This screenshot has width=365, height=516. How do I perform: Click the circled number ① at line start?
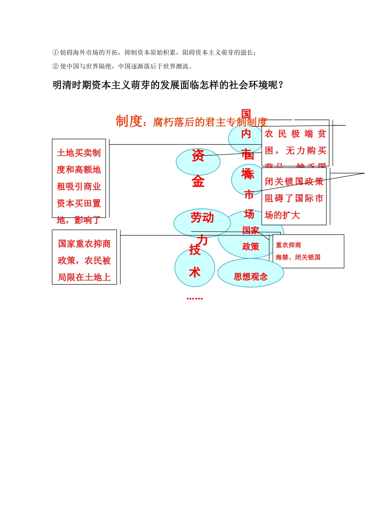pyautogui.click(x=55, y=53)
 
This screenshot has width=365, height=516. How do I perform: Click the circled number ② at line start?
pyautogui.click(x=55, y=66)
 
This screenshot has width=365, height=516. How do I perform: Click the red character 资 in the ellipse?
pyautogui.click(x=198, y=155)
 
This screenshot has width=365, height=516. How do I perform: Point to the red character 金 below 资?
pyautogui.click(x=198, y=181)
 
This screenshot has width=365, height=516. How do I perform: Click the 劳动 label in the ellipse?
pyautogui.click(x=202, y=218)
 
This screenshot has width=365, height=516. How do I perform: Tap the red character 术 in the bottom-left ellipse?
pyautogui.click(x=195, y=272)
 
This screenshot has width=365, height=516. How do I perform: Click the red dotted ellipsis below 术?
pyautogui.click(x=194, y=298)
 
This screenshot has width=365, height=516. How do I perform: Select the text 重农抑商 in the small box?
pyautogui.click(x=288, y=245)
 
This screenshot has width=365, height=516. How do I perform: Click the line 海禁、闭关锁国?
pyautogui.click(x=298, y=257)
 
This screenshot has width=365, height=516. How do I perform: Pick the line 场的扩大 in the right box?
pyautogui.click(x=282, y=215)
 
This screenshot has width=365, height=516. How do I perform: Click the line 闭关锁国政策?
pyautogui.click(x=294, y=181)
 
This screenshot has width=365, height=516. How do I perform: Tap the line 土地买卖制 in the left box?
pyautogui.click(x=79, y=153)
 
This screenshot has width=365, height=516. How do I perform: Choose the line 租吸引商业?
pyautogui.click(x=79, y=187)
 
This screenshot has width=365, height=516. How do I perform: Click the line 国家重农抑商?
pyautogui.click(x=84, y=244)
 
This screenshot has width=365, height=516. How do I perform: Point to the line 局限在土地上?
pyautogui.click(x=84, y=277)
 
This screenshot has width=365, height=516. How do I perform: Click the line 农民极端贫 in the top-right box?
pyautogui.click(x=295, y=134)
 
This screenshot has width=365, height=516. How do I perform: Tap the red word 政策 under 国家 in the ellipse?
pyautogui.click(x=251, y=246)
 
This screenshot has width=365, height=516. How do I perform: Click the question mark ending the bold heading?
pyautogui.click(x=281, y=85)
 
